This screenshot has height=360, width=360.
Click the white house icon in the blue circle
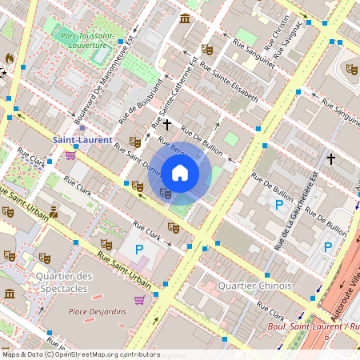180,173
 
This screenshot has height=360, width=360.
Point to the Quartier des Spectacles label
64,282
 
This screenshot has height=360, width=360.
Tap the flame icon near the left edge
9,58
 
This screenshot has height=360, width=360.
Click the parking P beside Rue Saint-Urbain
138,250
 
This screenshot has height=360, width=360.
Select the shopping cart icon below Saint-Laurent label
70,154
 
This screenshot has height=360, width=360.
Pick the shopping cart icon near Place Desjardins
140,300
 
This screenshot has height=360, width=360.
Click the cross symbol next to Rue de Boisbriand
167,124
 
